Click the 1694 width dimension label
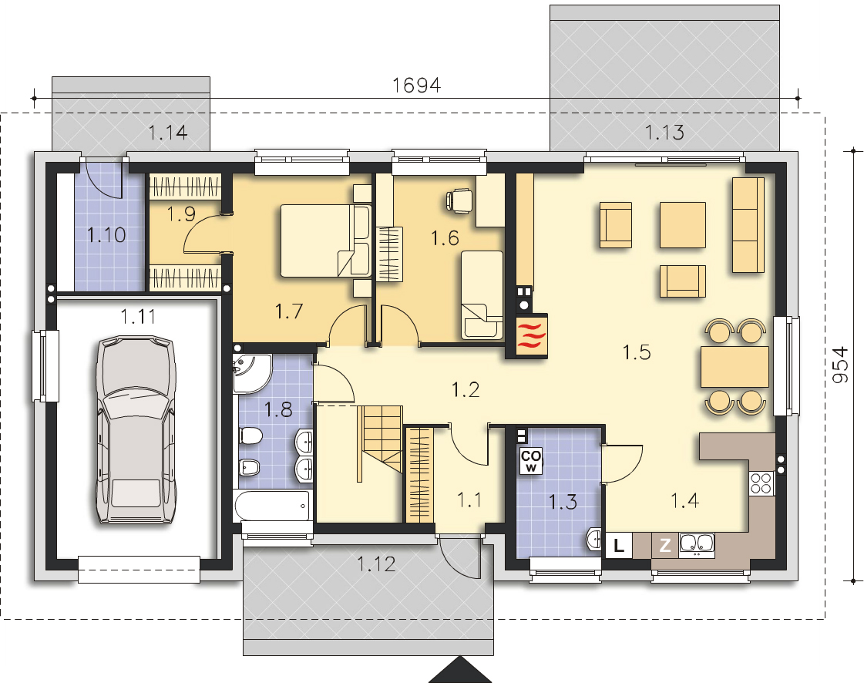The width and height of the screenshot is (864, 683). pyautogui.click(x=416, y=85)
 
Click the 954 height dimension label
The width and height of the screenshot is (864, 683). pyautogui.click(x=840, y=365)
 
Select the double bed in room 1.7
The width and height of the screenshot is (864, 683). pyautogui.click(x=325, y=241)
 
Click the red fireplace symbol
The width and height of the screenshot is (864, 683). pyautogui.click(x=532, y=335)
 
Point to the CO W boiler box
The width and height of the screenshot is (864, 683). pyautogui.click(x=531, y=460)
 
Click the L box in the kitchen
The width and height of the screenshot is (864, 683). pyautogui.click(x=619, y=546)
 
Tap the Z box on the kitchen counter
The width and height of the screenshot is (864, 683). pyautogui.click(x=665, y=545)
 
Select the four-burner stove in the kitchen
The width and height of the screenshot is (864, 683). pyautogui.click(x=761, y=483)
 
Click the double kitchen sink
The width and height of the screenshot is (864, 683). pyautogui.click(x=697, y=543)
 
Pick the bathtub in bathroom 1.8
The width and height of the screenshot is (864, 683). pyautogui.click(x=272, y=506)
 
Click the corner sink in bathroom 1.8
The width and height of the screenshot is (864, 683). pyautogui.click(x=251, y=373)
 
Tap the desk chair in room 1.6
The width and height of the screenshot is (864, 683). pyautogui.click(x=459, y=200)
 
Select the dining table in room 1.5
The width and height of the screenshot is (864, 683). pyautogui.click(x=735, y=367)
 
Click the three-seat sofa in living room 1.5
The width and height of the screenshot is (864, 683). pyautogui.click(x=748, y=225)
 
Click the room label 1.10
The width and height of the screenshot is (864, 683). pyautogui.click(x=106, y=235)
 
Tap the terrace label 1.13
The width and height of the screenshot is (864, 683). pyautogui.click(x=664, y=133)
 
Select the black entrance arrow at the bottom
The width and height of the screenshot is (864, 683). pyautogui.click(x=460, y=670)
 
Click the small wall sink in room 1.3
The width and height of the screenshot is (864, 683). pyautogui.click(x=594, y=539)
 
